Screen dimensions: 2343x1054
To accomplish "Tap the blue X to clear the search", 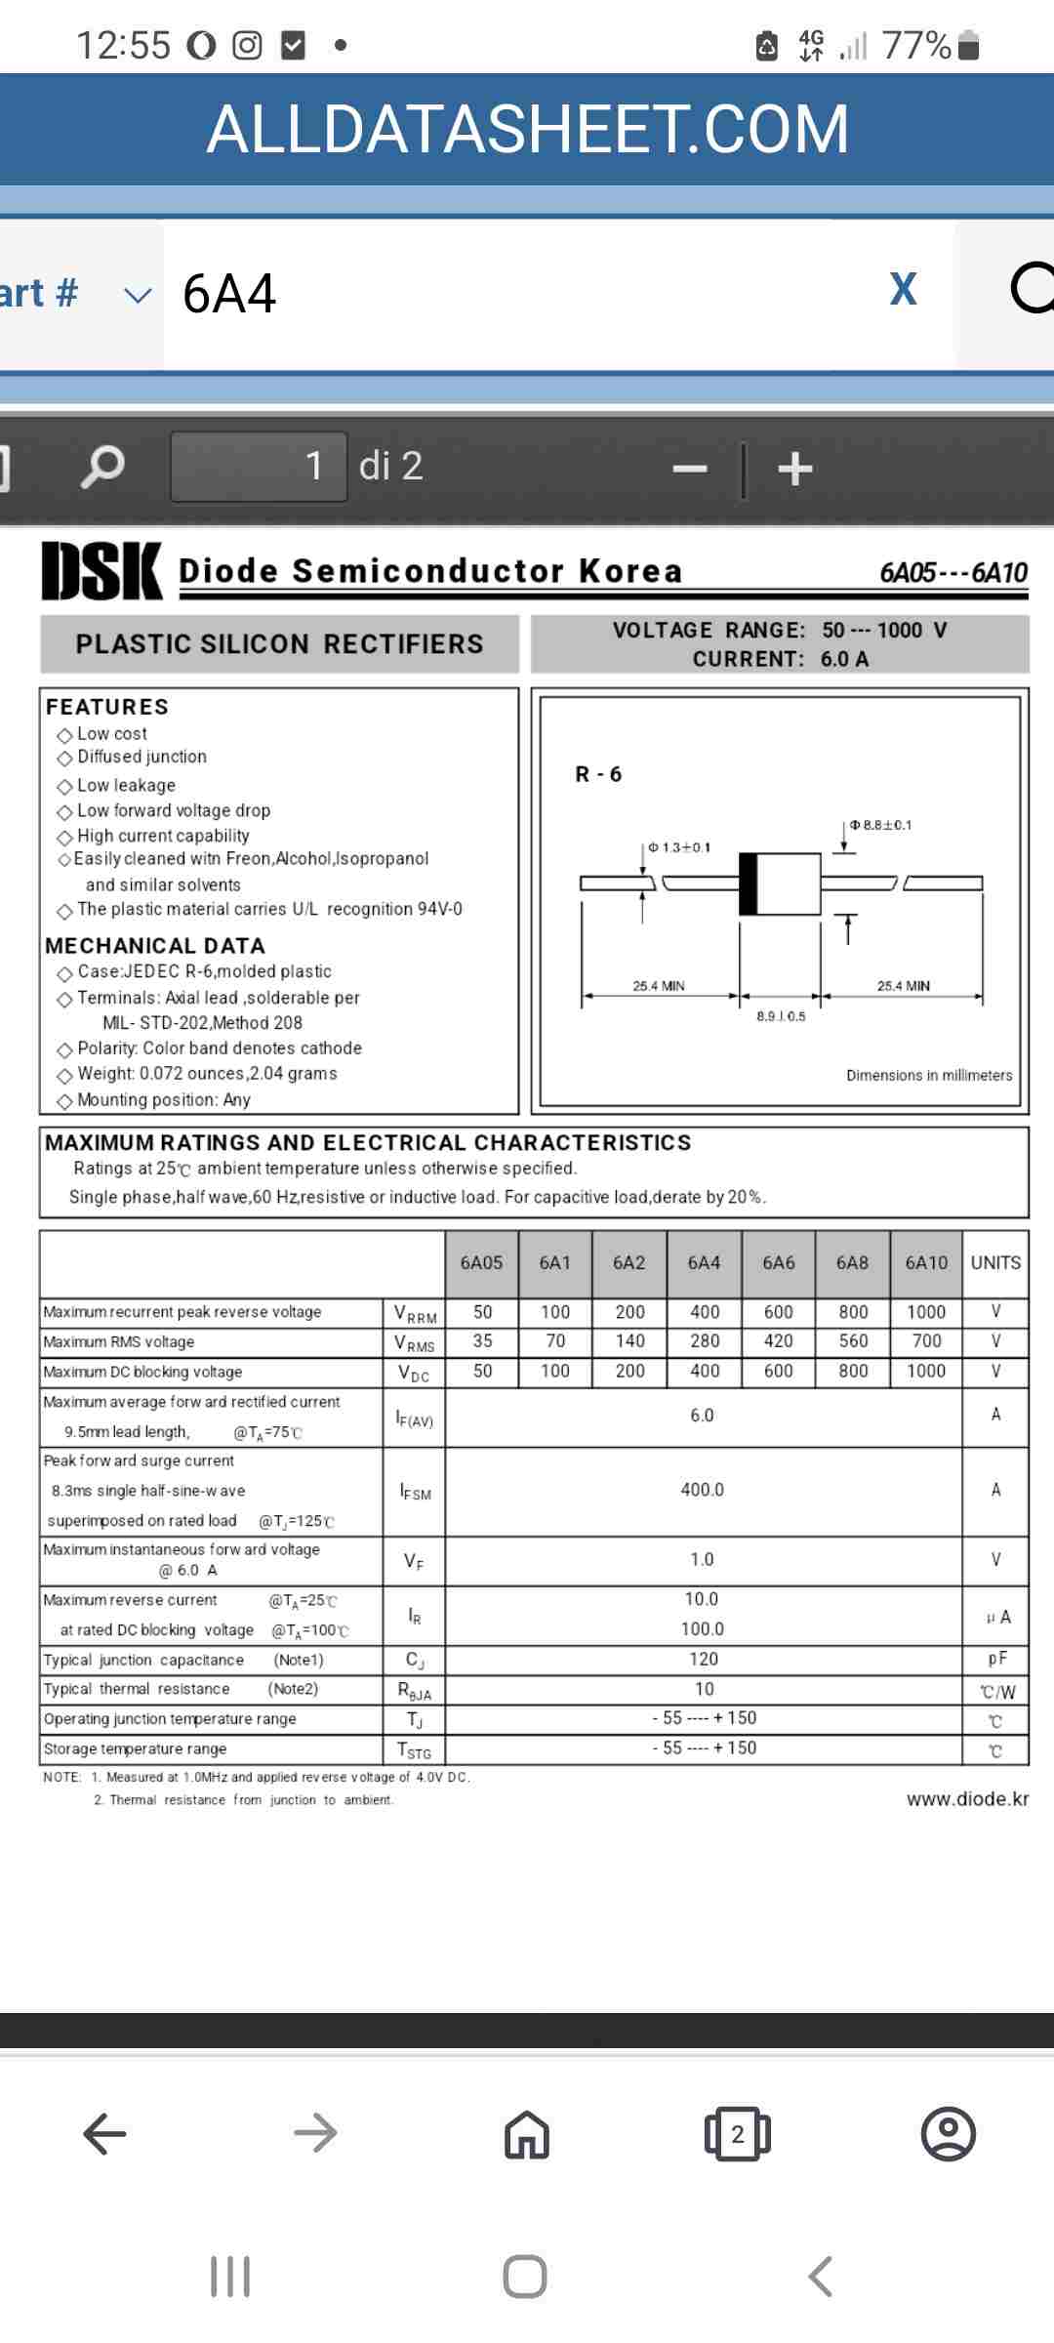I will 904,290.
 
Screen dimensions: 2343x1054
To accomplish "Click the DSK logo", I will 101,571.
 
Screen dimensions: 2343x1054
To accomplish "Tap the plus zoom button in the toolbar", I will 795,469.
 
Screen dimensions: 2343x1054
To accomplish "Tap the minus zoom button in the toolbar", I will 690,469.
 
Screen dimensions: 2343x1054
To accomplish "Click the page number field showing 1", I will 260,467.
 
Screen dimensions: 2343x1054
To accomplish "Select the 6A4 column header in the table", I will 704,1263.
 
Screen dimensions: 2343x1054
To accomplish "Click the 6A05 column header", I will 481,1263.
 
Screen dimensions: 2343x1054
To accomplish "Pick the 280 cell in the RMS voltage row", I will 705,1341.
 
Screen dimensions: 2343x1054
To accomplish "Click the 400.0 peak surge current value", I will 703,1490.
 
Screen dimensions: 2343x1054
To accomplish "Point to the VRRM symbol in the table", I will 415,1314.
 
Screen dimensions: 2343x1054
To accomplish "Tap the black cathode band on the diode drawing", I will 749,884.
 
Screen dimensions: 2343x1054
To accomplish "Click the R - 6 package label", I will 598,775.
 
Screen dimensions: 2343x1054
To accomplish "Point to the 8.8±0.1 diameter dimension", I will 881,825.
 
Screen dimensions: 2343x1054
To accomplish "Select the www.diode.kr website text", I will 967,1799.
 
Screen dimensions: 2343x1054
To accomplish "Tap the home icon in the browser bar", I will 527,2134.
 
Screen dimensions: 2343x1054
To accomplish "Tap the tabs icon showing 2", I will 738,2134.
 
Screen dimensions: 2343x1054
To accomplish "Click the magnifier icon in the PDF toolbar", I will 102,467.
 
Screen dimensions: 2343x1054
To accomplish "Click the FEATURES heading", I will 107,707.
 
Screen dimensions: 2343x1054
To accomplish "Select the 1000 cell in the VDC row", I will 926,1372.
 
